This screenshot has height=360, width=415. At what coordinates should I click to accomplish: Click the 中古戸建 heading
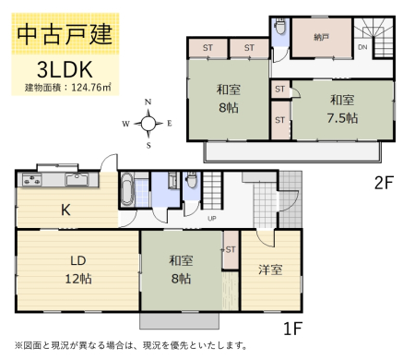click(x=65, y=34)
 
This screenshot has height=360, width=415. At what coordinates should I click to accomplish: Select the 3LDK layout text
click(x=65, y=69)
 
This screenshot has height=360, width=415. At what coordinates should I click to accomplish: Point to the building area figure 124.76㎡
click(x=91, y=88)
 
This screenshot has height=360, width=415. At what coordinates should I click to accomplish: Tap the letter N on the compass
click(x=148, y=102)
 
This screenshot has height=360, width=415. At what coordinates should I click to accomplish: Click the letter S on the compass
click(x=148, y=145)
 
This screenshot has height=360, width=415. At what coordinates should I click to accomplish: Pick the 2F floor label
click(x=384, y=183)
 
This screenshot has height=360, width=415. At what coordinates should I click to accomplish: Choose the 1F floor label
click(x=292, y=329)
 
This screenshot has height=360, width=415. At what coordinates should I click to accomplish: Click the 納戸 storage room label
click(x=322, y=38)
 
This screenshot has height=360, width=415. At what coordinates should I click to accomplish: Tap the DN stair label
click(x=362, y=47)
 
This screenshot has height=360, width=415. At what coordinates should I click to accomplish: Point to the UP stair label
click(x=212, y=219)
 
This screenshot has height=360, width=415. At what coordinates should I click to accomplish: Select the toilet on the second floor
click(x=280, y=27)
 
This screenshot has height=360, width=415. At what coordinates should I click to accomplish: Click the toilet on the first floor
click(x=192, y=180)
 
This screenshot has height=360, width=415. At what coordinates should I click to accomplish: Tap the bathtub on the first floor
click(x=126, y=189)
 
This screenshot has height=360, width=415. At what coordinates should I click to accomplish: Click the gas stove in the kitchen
click(x=31, y=180)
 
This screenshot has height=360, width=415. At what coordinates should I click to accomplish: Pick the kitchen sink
click(x=77, y=179)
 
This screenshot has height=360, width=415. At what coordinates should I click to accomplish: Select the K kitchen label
click(x=65, y=210)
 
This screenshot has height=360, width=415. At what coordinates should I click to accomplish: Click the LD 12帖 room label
click(x=78, y=270)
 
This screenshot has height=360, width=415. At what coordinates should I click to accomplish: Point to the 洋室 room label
click(x=270, y=270)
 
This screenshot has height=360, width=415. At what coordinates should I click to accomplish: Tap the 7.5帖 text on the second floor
click(x=342, y=118)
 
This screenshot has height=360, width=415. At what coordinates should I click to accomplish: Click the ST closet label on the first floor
click(x=231, y=249)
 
